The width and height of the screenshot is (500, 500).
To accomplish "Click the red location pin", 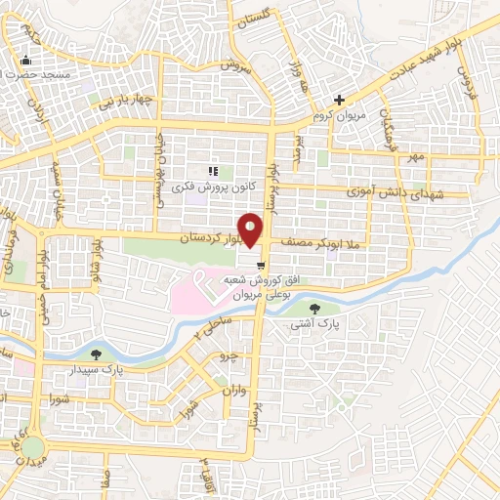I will pyautogui.click(x=251, y=229).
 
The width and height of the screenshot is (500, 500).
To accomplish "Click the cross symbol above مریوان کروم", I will pyautogui.click(x=339, y=100).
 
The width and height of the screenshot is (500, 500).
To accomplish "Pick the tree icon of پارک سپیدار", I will pyautogui.click(x=96, y=354).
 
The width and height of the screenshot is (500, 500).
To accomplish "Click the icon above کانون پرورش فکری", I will pyautogui.click(x=212, y=172).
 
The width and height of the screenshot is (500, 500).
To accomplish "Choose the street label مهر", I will pyautogui.click(x=418, y=156).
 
